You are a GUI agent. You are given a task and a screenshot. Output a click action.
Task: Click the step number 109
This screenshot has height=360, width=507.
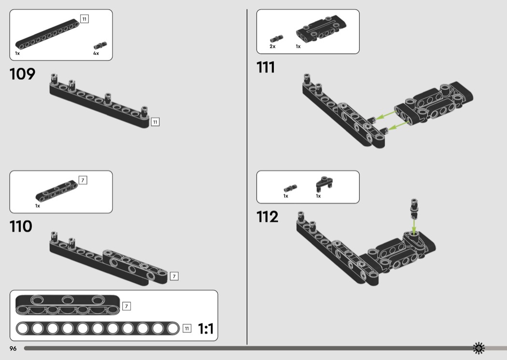[22, 74]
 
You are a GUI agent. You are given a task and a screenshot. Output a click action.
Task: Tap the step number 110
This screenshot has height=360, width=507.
[21, 226]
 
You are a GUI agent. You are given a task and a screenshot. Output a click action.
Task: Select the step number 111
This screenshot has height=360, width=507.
[266, 67]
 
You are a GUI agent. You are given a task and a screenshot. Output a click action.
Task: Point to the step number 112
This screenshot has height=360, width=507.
[267, 217]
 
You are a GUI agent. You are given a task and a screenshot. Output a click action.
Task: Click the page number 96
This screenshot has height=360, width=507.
[13, 348]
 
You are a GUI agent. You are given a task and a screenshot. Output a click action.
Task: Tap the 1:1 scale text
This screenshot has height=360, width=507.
[206, 329]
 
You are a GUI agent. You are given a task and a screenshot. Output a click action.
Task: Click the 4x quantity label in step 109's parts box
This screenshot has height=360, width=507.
[96, 53]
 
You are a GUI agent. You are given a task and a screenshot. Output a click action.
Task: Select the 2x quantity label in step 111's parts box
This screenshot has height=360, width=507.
[273, 46]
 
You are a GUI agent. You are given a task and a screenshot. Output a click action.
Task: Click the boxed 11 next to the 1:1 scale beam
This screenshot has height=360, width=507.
[187, 328]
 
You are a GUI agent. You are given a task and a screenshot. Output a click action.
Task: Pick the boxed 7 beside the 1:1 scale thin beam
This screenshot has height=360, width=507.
[127, 305]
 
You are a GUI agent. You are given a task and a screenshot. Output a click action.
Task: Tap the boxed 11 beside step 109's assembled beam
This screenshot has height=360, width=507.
[155, 122]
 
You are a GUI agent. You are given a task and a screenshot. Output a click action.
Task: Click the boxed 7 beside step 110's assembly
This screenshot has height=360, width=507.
[174, 276]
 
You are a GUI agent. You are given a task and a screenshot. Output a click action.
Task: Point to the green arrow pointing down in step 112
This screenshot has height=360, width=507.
[414, 225]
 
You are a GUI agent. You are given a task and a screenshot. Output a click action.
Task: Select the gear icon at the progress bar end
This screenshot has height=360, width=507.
[479, 348]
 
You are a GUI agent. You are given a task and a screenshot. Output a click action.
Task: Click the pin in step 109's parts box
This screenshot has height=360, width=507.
[100, 45]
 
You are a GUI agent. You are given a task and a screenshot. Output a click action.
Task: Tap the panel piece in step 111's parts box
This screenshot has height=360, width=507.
[322, 28]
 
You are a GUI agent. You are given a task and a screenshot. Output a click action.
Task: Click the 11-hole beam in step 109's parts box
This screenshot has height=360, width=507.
[47, 34]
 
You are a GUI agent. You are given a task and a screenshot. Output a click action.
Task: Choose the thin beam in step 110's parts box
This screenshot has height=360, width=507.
[57, 190]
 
